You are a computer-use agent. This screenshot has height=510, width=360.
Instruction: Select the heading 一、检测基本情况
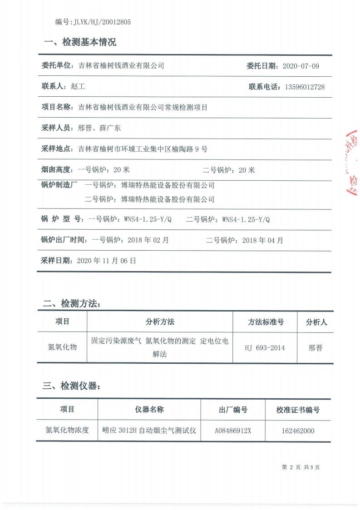80,43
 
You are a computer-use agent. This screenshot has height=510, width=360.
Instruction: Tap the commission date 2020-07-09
301,66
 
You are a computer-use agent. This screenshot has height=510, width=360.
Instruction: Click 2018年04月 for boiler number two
262,240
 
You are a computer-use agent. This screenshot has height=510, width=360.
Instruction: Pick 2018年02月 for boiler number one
148,240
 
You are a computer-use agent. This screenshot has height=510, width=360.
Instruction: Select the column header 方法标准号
266,322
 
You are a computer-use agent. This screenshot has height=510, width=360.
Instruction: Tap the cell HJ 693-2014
265,348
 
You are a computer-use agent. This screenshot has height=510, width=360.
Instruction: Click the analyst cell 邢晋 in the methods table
315,348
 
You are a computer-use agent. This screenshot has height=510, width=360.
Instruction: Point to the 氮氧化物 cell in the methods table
62,347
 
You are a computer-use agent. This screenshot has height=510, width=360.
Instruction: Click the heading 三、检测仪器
71,386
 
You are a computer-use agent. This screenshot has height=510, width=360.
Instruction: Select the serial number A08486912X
233,431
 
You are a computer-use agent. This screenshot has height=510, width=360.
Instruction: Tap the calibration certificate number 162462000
298,431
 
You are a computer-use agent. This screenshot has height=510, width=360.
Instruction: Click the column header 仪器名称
149,409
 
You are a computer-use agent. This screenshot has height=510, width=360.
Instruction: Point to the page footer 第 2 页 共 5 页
301,467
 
